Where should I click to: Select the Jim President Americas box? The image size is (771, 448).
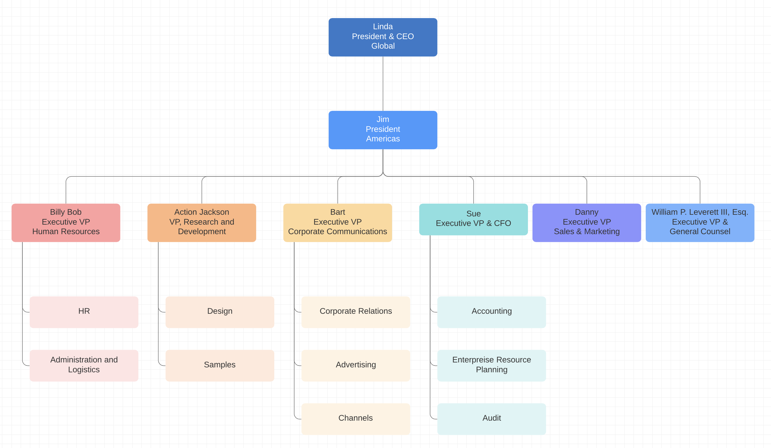383,130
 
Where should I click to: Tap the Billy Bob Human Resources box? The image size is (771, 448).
66,223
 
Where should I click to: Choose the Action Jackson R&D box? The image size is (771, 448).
202,223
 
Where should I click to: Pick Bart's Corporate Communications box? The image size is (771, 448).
337,223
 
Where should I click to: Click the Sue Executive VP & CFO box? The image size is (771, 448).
473,219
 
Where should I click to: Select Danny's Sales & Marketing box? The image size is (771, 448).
586,223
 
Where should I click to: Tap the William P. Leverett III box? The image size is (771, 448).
700,223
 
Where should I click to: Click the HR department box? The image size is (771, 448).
84,312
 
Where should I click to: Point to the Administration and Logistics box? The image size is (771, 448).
84,365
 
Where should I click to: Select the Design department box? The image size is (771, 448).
220,312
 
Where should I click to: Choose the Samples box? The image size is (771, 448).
220,365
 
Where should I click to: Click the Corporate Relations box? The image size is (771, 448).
356,312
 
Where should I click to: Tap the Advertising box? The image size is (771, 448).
356,365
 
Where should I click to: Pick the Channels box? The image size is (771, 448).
356,419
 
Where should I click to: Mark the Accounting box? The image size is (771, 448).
491,312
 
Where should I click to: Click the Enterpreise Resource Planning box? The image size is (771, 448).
491,365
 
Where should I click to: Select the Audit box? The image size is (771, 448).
491,419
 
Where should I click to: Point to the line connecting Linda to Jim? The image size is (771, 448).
383,84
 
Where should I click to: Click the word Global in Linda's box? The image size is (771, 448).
383,46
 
